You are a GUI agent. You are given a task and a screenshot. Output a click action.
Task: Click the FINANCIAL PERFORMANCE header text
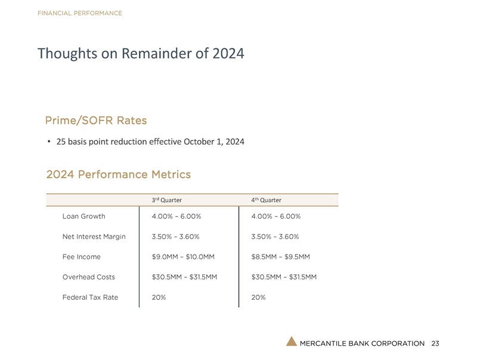pyautogui.click(x=79, y=13)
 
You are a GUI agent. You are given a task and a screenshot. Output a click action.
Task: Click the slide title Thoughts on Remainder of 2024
pyautogui.click(x=141, y=54)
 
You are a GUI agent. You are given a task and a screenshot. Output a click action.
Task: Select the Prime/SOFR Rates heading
pyautogui.click(x=95, y=120)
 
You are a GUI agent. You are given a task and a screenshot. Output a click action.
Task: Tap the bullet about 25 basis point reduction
pyautogui.click(x=150, y=142)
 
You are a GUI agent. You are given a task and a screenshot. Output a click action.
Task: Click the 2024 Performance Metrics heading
pyautogui.click(x=118, y=175)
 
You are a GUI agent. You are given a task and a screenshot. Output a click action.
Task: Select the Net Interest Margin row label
pyautogui.click(x=94, y=237)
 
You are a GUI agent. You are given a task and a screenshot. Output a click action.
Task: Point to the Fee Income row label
pyautogui.click(x=81, y=257)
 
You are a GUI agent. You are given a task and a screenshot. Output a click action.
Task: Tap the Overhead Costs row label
pyautogui.click(x=88, y=277)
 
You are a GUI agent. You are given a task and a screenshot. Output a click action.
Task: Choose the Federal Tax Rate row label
pyautogui.click(x=90, y=297)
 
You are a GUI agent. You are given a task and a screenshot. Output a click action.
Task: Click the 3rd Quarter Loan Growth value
pyautogui.click(x=176, y=216)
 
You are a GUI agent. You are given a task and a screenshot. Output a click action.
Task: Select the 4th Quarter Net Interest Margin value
pyautogui.click(x=275, y=237)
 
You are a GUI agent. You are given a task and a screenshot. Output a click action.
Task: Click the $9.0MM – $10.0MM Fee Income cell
pyautogui.click(x=183, y=257)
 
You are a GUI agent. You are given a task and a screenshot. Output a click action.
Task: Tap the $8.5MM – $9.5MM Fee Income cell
pyautogui.click(x=281, y=257)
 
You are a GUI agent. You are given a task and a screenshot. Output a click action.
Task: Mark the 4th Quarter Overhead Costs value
pyautogui.click(x=284, y=277)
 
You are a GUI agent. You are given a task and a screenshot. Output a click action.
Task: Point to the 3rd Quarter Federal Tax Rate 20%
pyautogui.click(x=159, y=297)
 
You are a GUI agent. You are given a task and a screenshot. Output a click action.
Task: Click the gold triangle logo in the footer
pyautogui.click(x=291, y=341)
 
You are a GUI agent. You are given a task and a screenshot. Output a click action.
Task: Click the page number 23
pyautogui.click(x=435, y=343)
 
